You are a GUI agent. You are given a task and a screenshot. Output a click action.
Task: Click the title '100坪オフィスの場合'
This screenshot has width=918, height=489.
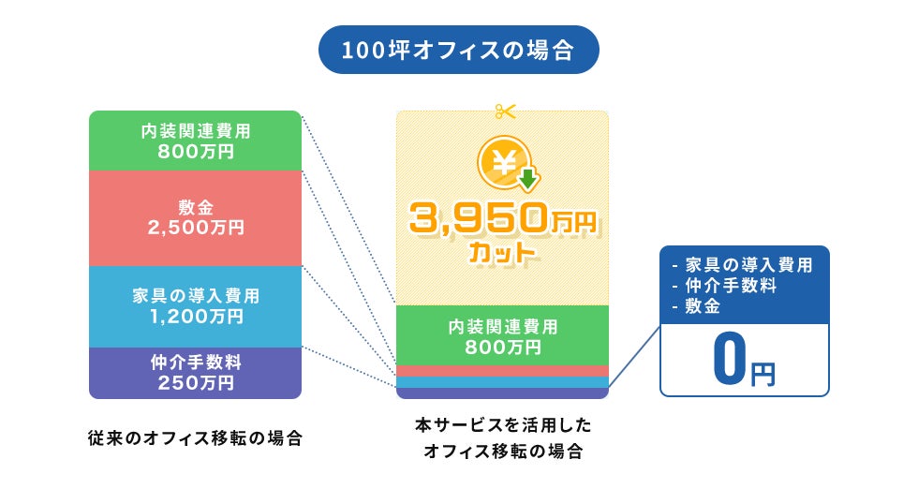(458, 50)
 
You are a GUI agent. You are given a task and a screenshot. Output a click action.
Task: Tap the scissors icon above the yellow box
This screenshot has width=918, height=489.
(506, 111)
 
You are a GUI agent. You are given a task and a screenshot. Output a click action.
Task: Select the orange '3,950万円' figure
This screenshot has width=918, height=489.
(502, 221)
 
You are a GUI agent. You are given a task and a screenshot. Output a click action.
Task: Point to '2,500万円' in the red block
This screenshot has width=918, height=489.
(195, 228)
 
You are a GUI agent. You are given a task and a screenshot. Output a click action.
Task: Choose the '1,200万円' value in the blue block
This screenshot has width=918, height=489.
(195, 317)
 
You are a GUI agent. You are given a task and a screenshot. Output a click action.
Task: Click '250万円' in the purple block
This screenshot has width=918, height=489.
(195, 382)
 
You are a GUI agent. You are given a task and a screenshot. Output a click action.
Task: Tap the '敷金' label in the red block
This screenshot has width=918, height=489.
(195, 207)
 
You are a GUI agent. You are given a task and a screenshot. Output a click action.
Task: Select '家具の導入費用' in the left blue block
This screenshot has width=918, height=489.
(195, 296)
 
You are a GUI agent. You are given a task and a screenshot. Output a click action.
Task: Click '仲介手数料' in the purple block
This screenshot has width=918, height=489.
(195, 362)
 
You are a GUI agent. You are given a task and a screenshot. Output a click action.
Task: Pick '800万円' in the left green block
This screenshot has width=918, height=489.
(195, 150)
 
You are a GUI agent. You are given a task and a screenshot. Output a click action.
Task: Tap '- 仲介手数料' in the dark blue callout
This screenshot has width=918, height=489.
(725, 286)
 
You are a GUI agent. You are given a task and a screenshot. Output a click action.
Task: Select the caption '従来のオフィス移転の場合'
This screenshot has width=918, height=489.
(195, 437)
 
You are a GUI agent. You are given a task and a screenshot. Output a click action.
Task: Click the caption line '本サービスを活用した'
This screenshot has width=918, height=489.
(503, 425)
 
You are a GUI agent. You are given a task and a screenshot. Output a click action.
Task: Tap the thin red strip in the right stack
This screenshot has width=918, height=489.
(502, 371)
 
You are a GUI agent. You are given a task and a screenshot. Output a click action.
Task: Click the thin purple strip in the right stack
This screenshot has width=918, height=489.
(502, 393)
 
